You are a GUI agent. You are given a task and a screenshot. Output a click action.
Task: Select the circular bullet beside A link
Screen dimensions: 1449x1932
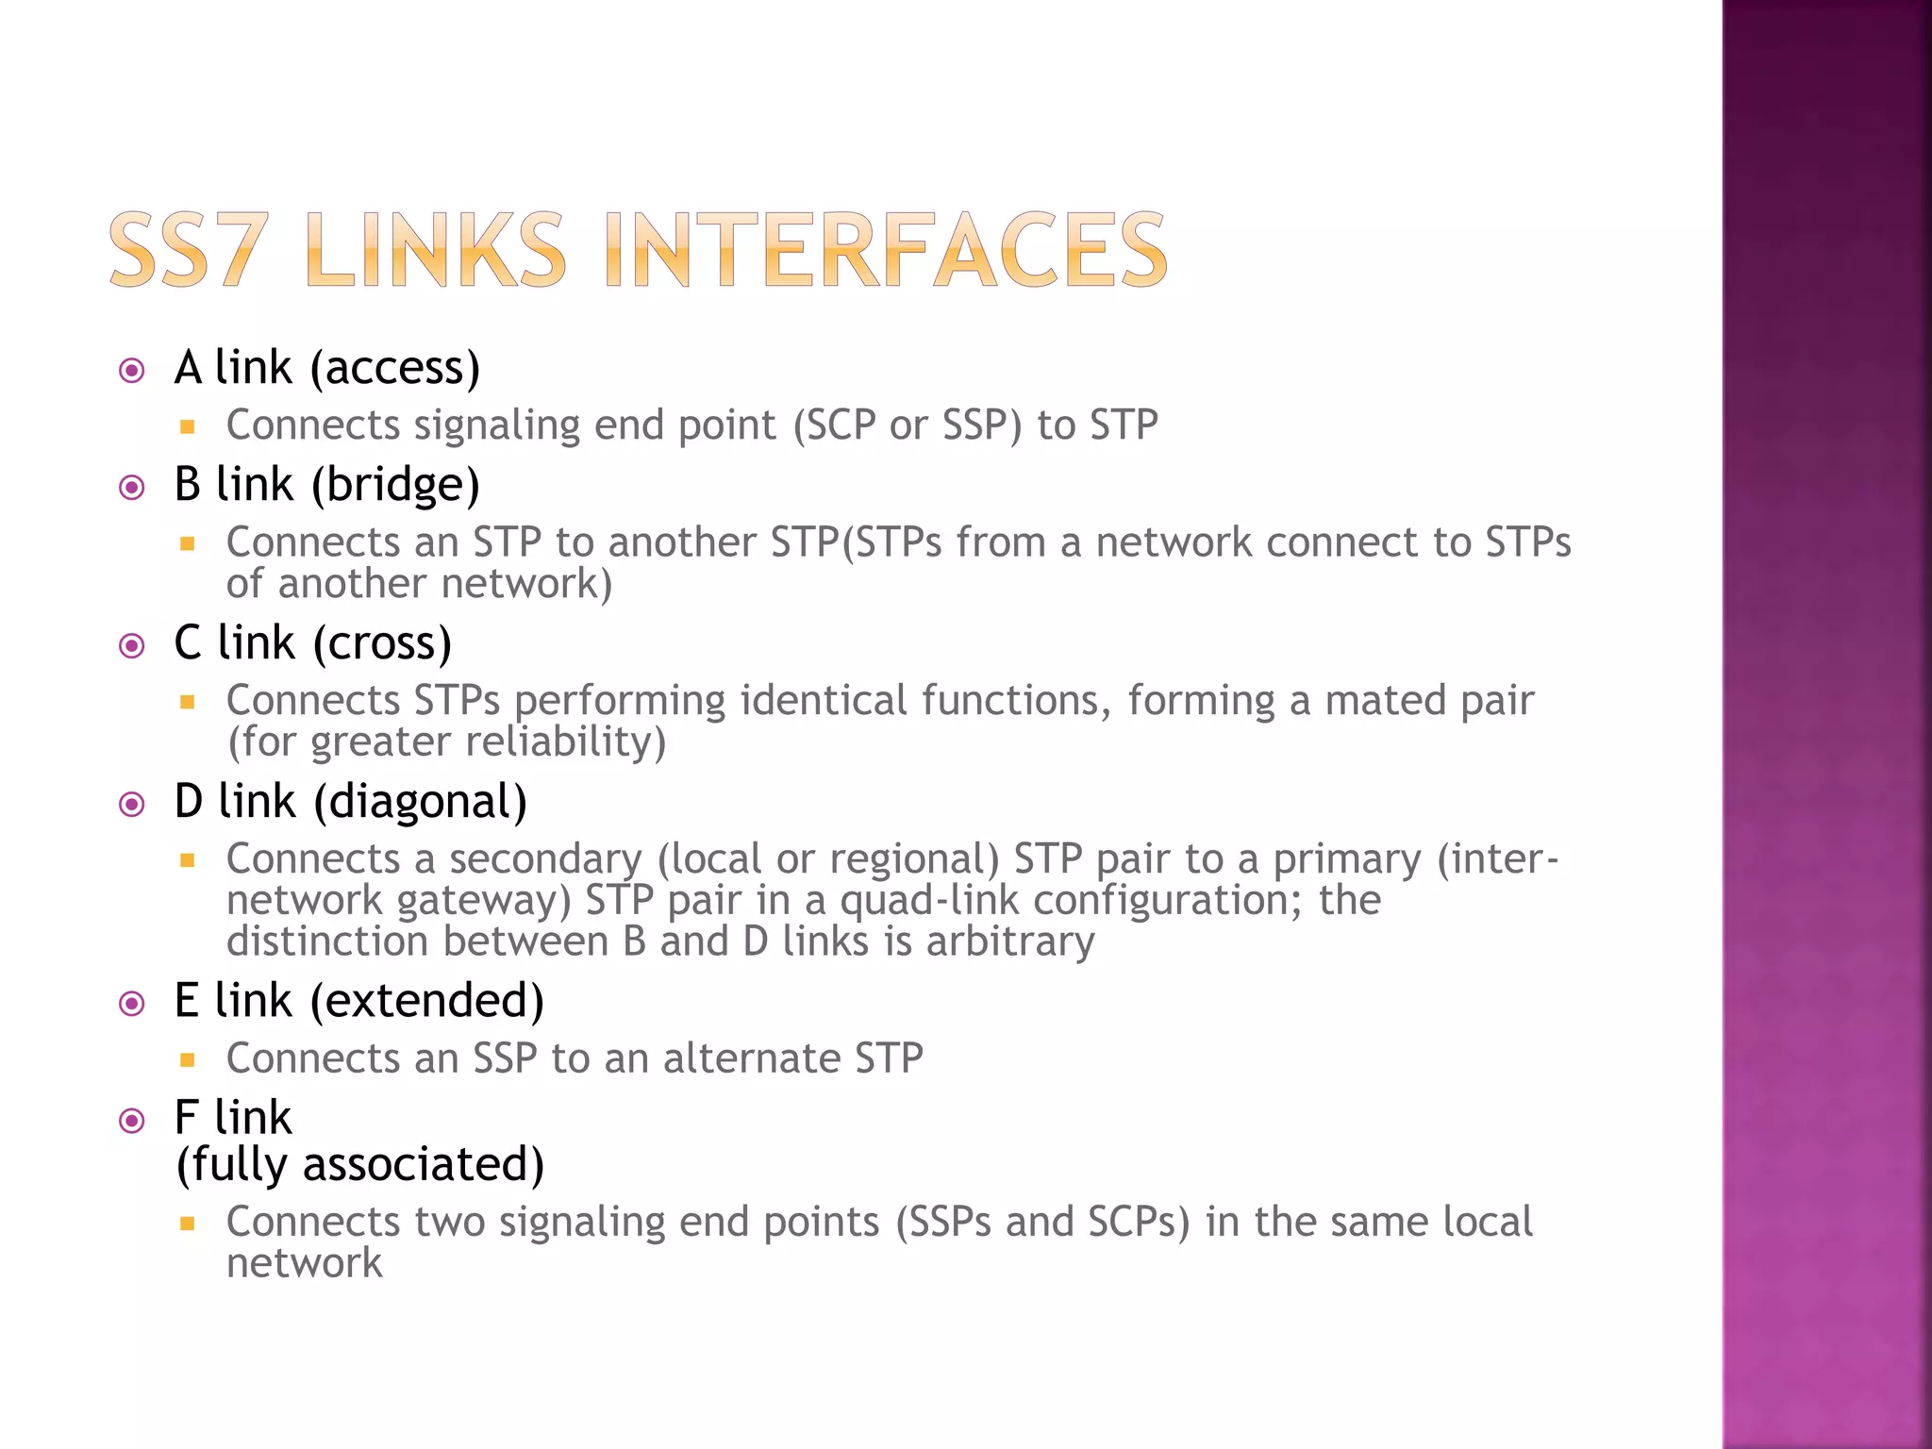click(132, 370)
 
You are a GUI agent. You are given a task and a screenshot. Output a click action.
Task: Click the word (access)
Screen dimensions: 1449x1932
click(395, 368)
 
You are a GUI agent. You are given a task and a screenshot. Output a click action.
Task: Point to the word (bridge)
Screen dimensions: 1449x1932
click(395, 485)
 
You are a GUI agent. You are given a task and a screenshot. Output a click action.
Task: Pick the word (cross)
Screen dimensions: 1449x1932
click(382, 643)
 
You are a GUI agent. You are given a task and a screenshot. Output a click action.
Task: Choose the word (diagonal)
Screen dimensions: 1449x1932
click(420, 802)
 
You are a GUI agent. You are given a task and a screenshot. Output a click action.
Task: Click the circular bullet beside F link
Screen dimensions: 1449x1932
click(132, 1121)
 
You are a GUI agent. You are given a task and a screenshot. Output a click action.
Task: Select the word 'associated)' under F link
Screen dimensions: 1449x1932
click(424, 1165)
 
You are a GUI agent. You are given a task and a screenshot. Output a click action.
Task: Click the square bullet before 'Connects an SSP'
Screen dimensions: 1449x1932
click(188, 1060)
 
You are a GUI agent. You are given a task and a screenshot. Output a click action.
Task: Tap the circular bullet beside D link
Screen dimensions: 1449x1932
click(132, 805)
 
